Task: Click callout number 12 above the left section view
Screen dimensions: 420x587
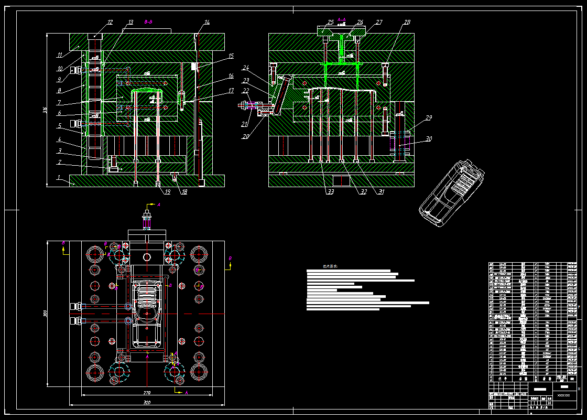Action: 110,22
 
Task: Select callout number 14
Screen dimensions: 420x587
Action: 207,22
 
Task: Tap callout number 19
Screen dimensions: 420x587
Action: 167,192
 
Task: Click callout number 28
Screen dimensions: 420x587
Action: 407,22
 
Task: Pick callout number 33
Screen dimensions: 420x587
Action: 330,192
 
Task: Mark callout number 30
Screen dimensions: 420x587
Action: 429,139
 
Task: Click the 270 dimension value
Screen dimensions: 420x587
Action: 147,392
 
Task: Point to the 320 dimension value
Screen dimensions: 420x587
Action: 147,403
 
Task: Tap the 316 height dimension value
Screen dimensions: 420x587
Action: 45,110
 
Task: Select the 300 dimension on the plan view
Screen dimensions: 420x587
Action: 46,314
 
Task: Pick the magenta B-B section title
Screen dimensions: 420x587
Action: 148,22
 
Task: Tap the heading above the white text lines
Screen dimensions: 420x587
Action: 330,266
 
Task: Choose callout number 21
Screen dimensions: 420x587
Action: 244,124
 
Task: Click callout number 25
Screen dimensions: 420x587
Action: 330,22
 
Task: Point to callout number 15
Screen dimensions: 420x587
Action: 231,55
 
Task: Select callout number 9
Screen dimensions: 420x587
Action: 60,79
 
